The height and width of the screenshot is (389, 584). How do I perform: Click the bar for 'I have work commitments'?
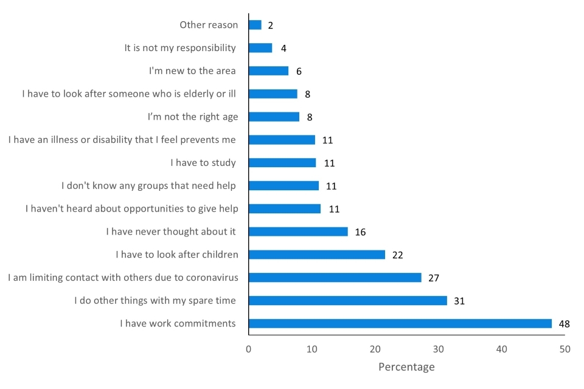pos(400,323)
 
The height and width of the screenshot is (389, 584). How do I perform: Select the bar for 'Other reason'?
pos(255,25)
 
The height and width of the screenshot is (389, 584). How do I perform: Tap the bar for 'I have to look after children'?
pos(317,255)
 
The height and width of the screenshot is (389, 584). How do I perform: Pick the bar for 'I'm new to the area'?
pos(268,71)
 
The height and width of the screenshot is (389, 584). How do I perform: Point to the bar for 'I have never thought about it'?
pos(298,232)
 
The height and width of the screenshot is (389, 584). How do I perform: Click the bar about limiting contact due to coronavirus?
pos(335,278)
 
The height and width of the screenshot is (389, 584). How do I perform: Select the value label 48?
pos(564,324)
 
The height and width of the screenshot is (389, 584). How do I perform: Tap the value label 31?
pos(459,301)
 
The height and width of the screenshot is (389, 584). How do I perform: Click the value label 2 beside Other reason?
pos(271,26)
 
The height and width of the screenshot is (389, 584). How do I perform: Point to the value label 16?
pos(360,232)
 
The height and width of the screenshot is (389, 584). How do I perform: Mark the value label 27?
pos(434,278)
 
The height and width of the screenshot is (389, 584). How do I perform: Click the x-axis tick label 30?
pos(439,349)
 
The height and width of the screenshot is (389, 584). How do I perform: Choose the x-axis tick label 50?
pos(565,349)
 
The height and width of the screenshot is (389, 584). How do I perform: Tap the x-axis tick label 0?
pos(248,349)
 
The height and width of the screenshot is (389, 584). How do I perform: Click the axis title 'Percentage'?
pos(406,367)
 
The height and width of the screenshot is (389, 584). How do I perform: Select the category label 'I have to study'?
pos(203,162)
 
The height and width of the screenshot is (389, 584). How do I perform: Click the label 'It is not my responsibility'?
pos(180,48)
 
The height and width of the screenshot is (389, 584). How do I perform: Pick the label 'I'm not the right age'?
pos(193,117)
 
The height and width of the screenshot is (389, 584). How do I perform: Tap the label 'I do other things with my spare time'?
pos(155,300)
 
